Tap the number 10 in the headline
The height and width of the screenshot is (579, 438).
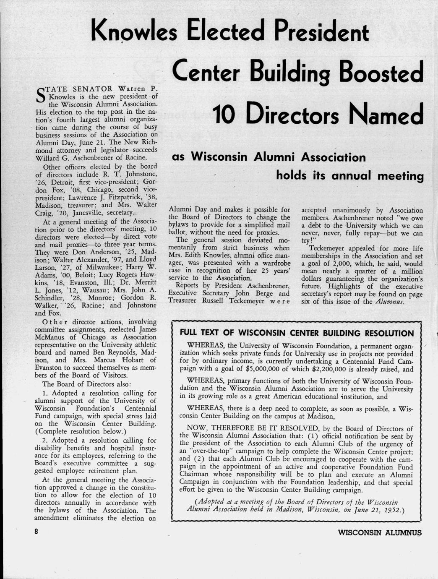point(227,114)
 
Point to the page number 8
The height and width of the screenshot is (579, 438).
point(37,531)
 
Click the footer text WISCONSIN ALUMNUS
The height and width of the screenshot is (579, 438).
point(379,533)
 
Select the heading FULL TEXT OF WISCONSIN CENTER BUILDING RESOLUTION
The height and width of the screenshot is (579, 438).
point(297,334)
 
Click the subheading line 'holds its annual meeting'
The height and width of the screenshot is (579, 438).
point(349,176)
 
